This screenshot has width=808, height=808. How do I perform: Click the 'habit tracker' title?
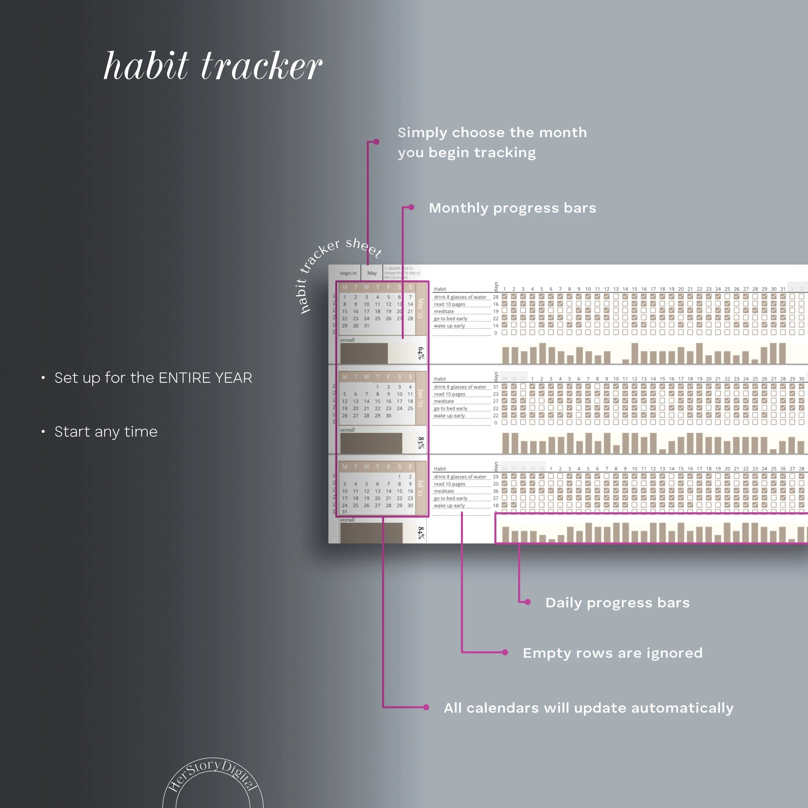pyautogui.click(x=212, y=66)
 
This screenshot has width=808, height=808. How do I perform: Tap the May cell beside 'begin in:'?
pyautogui.click(x=372, y=273)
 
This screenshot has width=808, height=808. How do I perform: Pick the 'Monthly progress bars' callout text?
pyautogui.click(x=512, y=208)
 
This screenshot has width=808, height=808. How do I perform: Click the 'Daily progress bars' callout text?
pyautogui.click(x=617, y=603)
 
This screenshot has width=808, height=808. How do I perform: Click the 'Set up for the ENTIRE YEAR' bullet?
pyautogui.click(x=153, y=377)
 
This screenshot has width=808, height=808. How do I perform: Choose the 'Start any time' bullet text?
pyautogui.click(x=106, y=431)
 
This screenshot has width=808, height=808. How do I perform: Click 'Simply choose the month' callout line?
pyautogui.click(x=492, y=133)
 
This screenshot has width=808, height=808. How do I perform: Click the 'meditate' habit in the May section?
pyautogui.click(x=444, y=312)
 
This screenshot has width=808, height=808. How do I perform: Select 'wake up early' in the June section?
pyautogui.click(x=449, y=416)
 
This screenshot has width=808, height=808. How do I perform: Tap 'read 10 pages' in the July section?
pyautogui.click(x=449, y=484)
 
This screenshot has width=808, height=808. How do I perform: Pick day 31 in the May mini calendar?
pyautogui.click(x=367, y=326)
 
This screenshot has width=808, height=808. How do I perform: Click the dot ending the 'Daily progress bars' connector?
pyautogui.click(x=528, y=602)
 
